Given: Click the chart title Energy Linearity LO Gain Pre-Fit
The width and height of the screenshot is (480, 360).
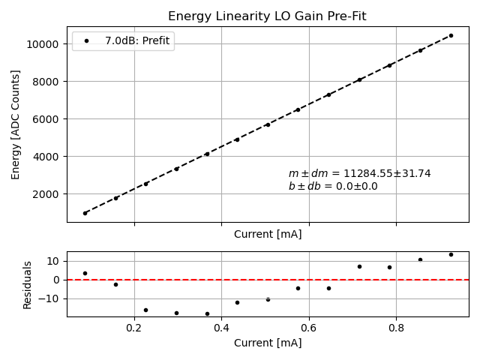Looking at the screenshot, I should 267,16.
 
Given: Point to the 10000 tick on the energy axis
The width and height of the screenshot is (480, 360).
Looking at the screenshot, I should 46,44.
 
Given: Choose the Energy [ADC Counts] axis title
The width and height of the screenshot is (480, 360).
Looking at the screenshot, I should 16,124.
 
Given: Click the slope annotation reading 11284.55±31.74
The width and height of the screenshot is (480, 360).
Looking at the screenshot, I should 359,173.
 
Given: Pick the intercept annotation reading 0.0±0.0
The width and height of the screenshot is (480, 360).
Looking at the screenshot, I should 333,187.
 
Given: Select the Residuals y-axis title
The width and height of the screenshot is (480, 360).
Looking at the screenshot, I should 28,284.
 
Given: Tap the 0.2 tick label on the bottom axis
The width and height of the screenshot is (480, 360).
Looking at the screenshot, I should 134,328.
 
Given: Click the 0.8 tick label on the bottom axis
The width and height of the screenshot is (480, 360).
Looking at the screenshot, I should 396,328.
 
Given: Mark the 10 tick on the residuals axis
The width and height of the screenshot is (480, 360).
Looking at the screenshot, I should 54,261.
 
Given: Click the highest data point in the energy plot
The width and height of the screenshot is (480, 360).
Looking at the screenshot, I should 451,35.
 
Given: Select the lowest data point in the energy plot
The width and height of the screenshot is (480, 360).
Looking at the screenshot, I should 85,213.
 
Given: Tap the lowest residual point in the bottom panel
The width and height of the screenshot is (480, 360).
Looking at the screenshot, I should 207,313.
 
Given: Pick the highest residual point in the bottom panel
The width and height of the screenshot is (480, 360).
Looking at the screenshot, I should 451,254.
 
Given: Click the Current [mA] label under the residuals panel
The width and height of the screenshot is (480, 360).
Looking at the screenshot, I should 268,343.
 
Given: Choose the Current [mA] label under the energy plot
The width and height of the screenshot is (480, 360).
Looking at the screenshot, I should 268,234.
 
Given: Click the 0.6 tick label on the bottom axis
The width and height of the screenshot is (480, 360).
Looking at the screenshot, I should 309,328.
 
